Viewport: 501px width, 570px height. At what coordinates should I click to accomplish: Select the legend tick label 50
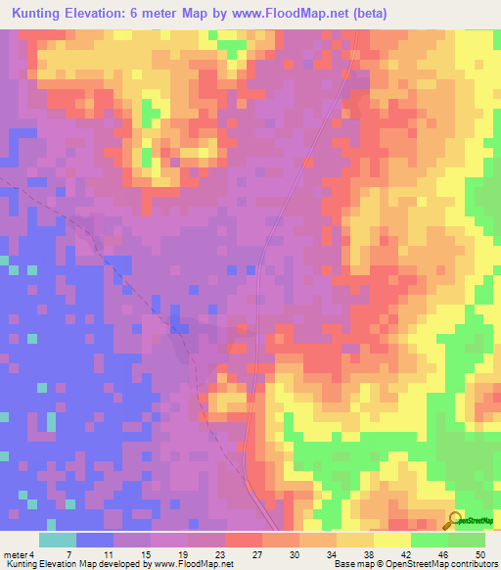click(478, 554)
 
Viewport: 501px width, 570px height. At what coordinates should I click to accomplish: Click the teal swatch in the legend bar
click(58, 540)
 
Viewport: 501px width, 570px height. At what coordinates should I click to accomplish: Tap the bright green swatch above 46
click(429, 540)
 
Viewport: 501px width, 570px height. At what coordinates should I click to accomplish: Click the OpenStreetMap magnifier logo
click(454, 520)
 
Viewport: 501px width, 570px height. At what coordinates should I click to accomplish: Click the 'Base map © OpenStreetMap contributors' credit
click(415, 564)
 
